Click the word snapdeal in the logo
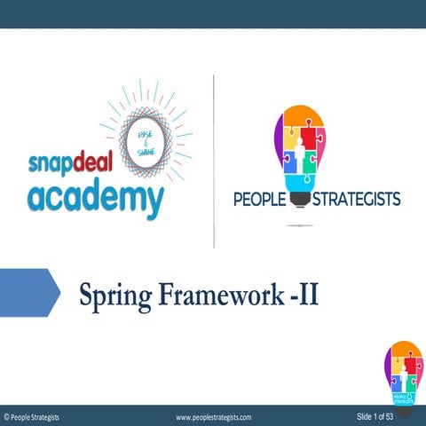[x=68, y=167]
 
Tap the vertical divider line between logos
[x=214, y=160]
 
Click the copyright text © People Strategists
[x=32, y=416]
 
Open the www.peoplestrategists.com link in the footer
[x=214, y=416]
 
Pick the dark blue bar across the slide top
[x=213, y=13]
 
